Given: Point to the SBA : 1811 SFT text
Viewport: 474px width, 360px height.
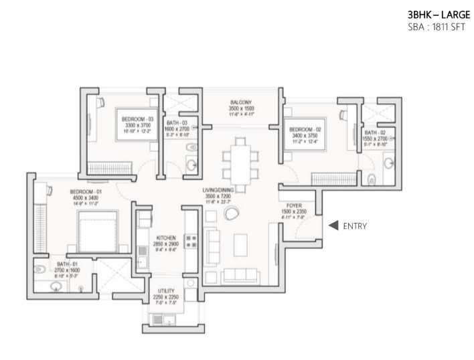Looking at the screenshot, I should coord(436,27).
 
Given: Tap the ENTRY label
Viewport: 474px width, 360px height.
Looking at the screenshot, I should coord(354,226).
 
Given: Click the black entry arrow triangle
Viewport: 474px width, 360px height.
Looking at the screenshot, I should coord(332,226).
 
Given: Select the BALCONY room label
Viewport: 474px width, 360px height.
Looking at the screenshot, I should coord(240,102).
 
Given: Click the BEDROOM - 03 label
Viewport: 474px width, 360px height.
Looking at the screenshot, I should coord(137,119).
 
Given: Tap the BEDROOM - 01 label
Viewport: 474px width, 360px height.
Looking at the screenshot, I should coord(85,192).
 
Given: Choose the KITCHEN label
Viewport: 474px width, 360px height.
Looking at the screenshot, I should coord(166,238).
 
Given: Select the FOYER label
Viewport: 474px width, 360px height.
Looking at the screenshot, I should coord(295,205).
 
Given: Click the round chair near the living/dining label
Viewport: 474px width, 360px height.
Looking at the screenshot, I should coord(231,213).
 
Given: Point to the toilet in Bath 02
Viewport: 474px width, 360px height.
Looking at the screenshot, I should coord(372,179).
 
